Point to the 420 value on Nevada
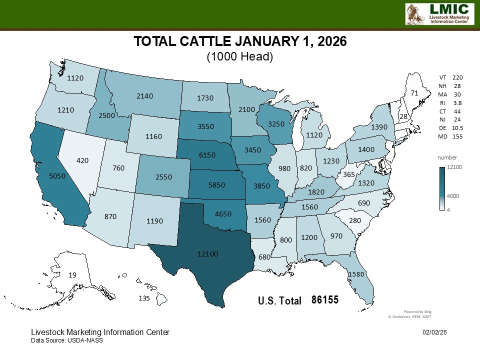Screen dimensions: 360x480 [x=83, y=160]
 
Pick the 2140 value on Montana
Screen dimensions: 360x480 [x=144, y=95]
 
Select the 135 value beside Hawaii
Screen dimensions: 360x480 [x=144, y=298]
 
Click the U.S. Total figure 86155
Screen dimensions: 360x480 [x=325, y=300]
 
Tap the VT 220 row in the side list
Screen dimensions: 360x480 [x=450, y=77]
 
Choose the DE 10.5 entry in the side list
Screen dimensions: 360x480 [x=450, y=128]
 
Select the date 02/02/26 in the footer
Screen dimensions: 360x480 [x=435, y=332]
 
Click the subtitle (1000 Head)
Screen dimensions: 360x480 [x=240, y=57]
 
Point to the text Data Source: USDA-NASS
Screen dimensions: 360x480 [x=67, y=340]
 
